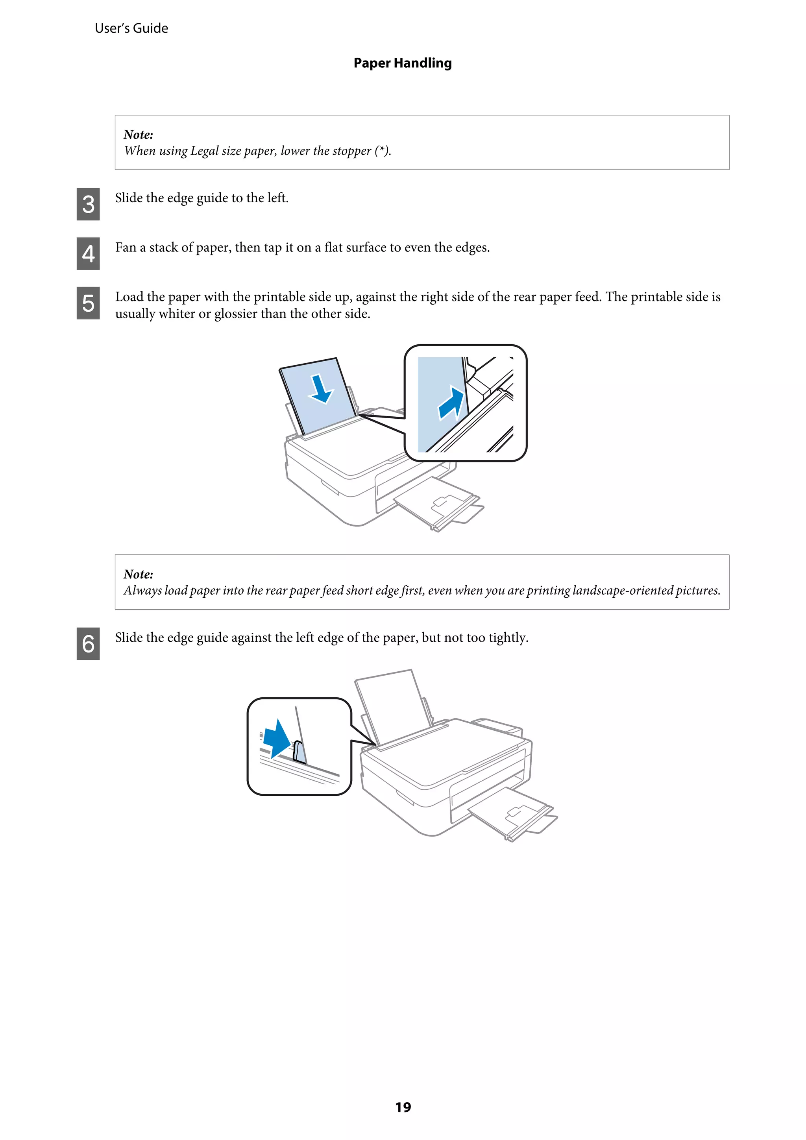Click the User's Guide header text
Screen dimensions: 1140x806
pos(131,28)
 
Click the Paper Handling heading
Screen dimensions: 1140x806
pos(402,63)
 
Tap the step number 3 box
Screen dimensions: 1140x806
pos(88,204)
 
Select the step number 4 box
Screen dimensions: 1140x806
pos(88,254)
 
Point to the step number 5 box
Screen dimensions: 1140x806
pos(88,303)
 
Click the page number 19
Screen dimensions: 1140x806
pos(403,1107)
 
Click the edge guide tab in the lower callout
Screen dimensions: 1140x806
pos(298,751)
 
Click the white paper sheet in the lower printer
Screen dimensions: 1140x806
pos(392,705)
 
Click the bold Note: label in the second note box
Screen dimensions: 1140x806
pos(138,575)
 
